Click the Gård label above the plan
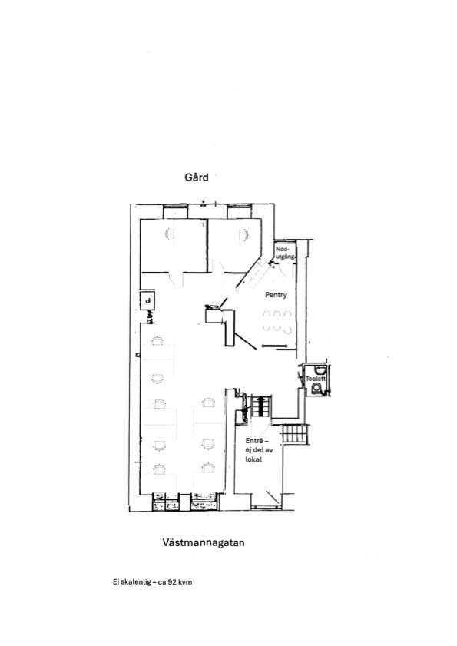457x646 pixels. (197, 177)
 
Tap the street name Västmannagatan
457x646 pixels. (204, 542)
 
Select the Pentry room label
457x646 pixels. (276, 295)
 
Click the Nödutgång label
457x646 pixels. (285, 253)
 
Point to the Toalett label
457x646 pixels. (316, 378)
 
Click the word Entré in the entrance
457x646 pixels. (254, 441)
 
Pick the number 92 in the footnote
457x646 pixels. (173, 582)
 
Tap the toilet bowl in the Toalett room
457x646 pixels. (316, 389)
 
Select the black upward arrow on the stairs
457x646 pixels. (260, 406)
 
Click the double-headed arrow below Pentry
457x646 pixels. (275, 346)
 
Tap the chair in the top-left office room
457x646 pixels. (170, 234)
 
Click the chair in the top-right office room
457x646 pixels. (243, 235)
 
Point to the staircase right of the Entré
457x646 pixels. (294, 434)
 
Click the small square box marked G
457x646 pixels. (147, 300)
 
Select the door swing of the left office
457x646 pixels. (176, 280)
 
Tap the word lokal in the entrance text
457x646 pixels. (253, 459)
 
